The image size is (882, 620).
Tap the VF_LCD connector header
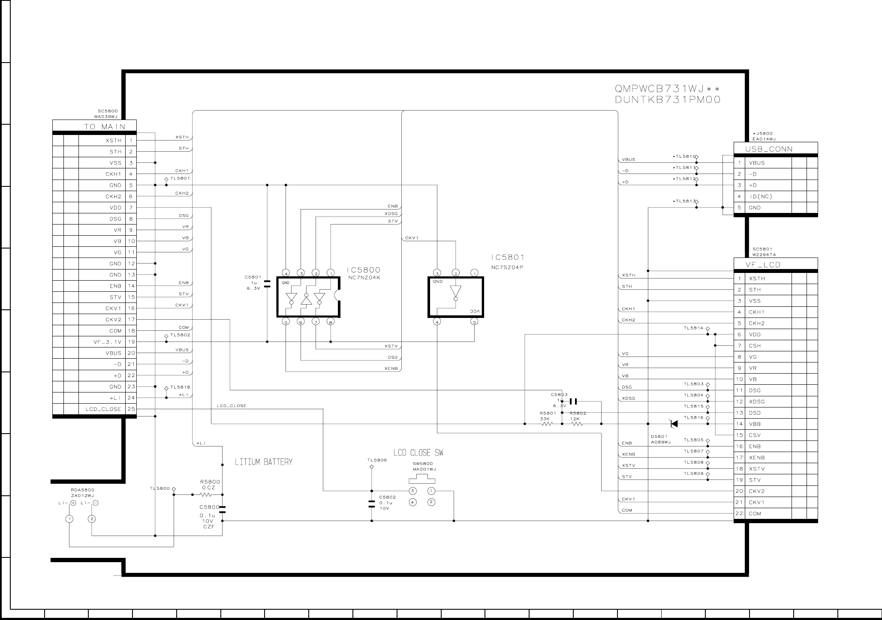763,265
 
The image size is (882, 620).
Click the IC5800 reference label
363,270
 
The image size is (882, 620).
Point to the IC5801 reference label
508,257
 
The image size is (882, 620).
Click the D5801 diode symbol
674,424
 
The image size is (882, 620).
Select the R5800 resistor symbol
206,495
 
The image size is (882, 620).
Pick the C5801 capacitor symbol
267,283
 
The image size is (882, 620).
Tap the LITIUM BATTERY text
263,462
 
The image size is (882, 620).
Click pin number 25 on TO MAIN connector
131,409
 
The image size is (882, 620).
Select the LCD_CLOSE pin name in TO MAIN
103,409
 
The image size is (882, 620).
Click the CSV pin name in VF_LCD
755,435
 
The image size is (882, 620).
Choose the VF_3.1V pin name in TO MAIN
108,342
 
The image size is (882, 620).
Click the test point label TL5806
377,460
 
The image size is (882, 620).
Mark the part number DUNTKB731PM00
668,100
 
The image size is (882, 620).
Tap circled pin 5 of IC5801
474,322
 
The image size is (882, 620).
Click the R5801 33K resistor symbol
547,424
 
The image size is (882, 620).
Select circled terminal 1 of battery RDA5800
69,519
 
